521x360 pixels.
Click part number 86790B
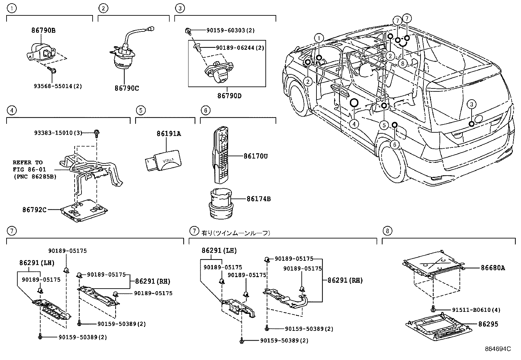pos(43,30)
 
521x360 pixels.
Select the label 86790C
pos(127,88)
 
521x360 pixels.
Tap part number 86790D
pos(229,96)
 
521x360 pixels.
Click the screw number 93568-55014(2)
pos(58,86)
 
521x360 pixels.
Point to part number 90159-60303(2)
pos(230,30)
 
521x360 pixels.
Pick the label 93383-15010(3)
pos(58,133)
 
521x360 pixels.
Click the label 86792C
pos(34,209)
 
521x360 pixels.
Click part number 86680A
pos(493,268)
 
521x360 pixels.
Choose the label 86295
pos(488,324)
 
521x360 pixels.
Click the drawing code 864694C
pos(498,349)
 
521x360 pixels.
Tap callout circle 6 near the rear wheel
pos(395,144)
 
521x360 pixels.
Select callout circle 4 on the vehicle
pos(354,124)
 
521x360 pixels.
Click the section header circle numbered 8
pos(387,231)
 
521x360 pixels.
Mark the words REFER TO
pos(27,162)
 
